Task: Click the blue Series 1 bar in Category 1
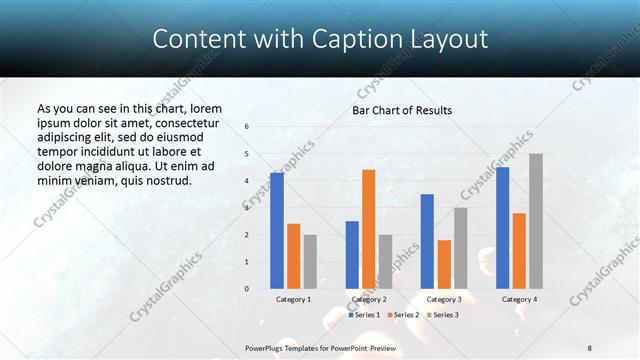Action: click(277, 231)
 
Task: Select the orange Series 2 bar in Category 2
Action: click(368, 229)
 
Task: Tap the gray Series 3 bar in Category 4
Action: click(536, 221)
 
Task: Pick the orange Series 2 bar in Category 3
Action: click(444, 264)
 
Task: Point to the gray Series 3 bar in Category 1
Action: click(310, 262)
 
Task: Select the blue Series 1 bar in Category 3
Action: click(427, 241)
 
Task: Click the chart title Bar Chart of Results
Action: click(402, 110)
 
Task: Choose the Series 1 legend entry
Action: click(364, 315)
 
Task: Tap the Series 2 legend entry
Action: click(402, 315)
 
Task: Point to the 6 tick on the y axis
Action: click(247, 126)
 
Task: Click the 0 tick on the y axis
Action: click(247, 289)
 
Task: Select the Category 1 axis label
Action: click(293, 299)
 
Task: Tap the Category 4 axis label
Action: click(519, 299)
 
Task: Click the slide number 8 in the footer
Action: click(590, 347)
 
